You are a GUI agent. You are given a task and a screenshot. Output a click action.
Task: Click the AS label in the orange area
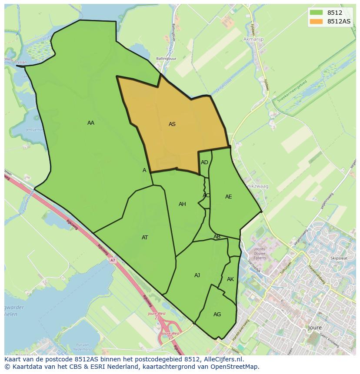172,124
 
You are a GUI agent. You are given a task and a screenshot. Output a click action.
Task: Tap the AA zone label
91,123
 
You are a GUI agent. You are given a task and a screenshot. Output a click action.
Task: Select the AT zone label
145,238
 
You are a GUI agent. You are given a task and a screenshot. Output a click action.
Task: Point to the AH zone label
182,204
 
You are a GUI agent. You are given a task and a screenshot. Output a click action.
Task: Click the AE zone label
229,197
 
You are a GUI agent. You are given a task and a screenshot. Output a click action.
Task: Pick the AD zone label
204,162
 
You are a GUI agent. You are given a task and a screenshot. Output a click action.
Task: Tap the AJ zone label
197,275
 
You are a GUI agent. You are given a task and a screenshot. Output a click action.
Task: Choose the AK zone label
230,279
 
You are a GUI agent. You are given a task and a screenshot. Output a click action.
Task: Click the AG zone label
217,314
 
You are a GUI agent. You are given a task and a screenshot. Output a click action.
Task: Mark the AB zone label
217,237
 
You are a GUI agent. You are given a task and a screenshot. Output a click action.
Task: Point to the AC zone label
206,195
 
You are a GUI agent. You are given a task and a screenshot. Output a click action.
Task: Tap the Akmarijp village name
254,40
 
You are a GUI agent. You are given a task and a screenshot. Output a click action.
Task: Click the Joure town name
314,328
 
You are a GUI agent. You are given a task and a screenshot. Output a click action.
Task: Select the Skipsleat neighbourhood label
339,258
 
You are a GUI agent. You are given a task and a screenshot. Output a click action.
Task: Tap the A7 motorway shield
113,261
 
